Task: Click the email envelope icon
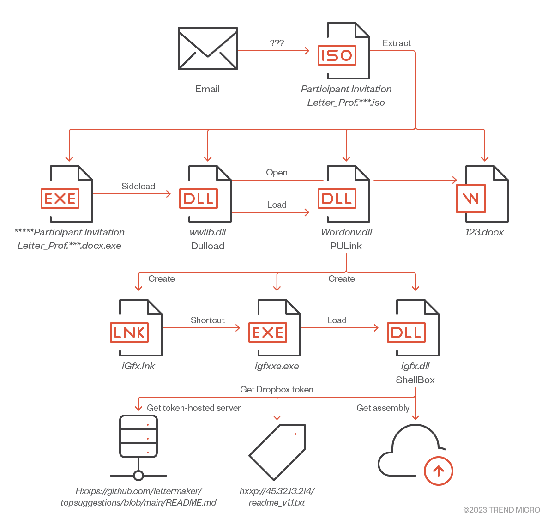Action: pyautogui.click(x=208, y=48)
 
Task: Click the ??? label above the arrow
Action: pyautogui.click(x=277, y=43)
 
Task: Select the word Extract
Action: pyautogui.click(x=397, y=43)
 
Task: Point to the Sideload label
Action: pyautogui.click(x=138, y=186)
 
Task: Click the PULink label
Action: pyautogui.click(x=346, y=246)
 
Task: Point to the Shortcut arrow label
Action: pyautogui.click(x=207, y=320)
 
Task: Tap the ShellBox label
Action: pyautogui.click(x=415, y=380)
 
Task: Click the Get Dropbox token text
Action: pyautogui.click(x=277, y=389)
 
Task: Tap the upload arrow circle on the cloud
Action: pyautogui.click(x=438, y=471)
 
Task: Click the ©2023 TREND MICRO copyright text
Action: pyautogui.click(x=501, y=510)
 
